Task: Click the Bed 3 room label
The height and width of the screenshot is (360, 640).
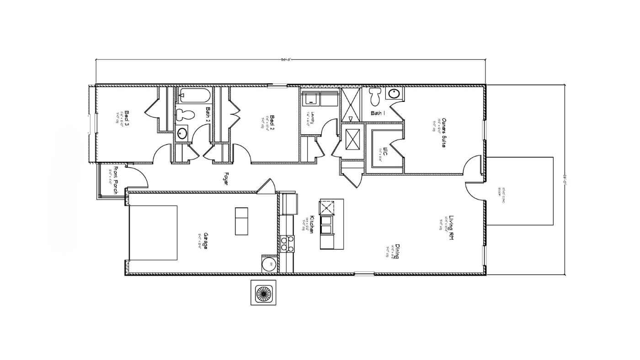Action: tap(127, 117)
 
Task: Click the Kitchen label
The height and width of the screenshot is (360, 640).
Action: tap(312, 225)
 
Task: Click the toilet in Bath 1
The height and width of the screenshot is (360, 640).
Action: tap(376, 96)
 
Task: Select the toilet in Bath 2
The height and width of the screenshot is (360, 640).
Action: tap(186, 114)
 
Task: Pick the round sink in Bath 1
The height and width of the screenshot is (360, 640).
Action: tap(394, 94)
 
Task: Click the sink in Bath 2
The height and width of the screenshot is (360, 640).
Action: tap(182, 133)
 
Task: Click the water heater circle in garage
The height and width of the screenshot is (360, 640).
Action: tap(267, 265)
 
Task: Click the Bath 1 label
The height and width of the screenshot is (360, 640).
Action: tap(378, 113)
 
